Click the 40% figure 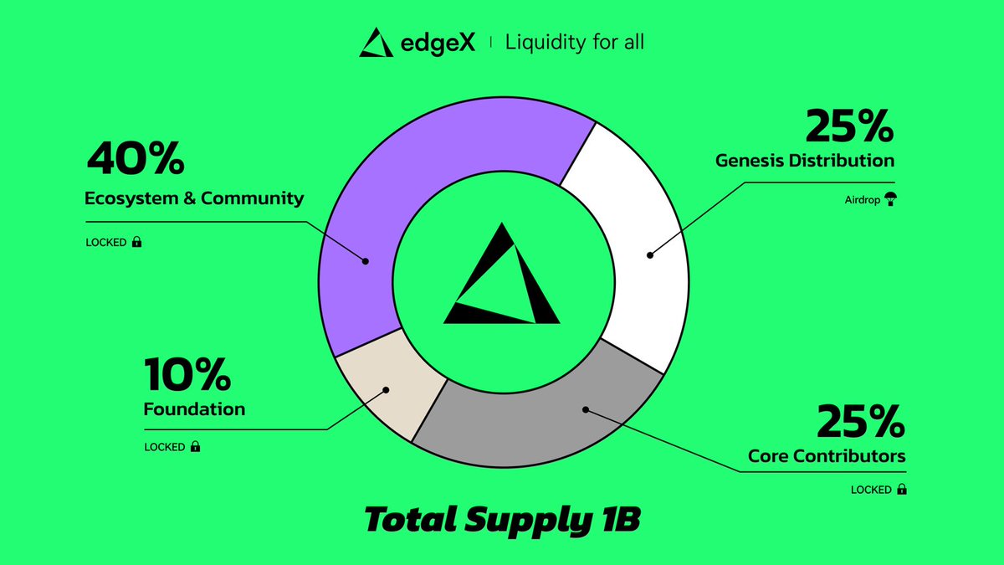tap(136, 159)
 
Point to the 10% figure tap(187, 374)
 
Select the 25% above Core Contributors tap(861, 422)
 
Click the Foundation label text tap(194, 409)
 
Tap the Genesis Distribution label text tap(805, 160)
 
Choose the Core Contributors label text tap(827, 457)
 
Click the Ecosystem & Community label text tap(194, 199)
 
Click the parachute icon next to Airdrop tap(889, 201)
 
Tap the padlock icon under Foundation tap(195, 447)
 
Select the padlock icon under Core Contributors tap(902, 490)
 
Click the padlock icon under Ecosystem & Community tap(136, 243)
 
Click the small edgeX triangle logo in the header tap(376, 43)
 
